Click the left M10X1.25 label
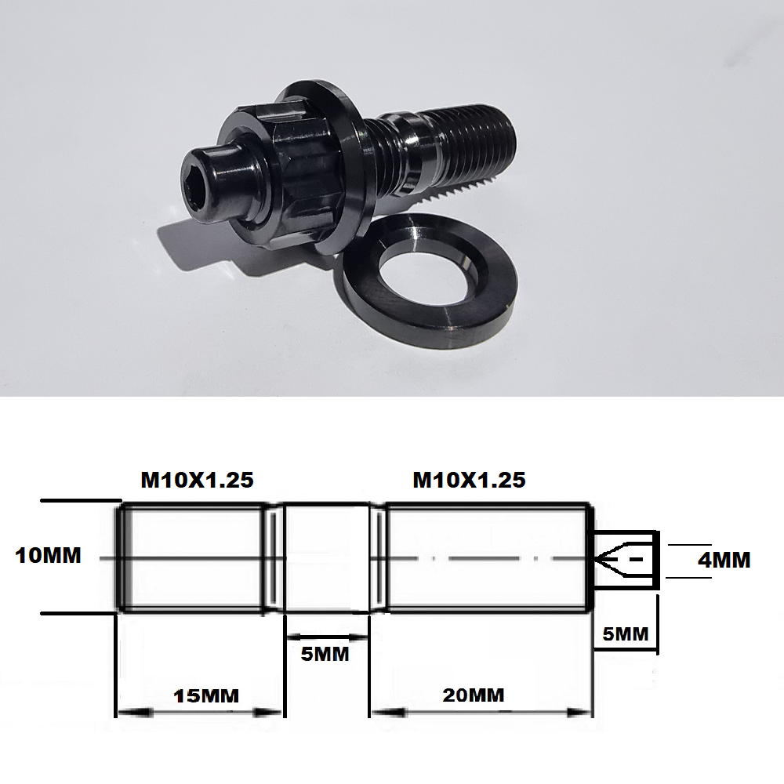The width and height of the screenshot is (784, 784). pos(197,480)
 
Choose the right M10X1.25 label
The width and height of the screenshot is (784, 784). pos(469,480)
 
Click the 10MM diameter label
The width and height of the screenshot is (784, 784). pos(48,556)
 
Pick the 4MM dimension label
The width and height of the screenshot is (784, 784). pos(724,560)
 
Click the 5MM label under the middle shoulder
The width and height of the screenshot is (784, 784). pos(325,653)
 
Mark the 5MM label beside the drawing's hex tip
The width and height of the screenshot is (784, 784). pos(625,633)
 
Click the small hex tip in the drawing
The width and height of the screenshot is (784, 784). pos(625,559)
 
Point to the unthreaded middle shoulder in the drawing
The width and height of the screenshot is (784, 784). pos(326,557)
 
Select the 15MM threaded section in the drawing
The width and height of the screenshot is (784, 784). pos(192,557)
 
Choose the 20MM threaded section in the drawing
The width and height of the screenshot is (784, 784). pos(486,557)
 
